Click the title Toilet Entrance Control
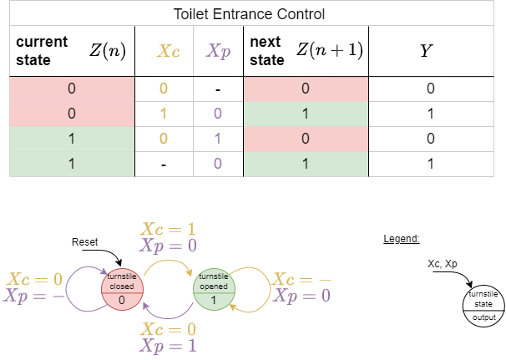pyautogui.click(x=248, y=14)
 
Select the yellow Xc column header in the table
pyautogui.click(x=168, y=51)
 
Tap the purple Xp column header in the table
pyautogui.click(x=218, y=51)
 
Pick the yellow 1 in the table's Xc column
pyautogui.click(x=164, y=113)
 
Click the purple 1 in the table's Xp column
pyautogui.click(x=217, y=139)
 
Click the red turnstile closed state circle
pyautogui.click(x=122, y=288)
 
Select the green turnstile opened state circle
pyautogui.click(x=215, y=288)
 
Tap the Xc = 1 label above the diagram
pyautogui.click(x=170, y=229)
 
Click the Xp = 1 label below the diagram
pyautogui.click(x=170, y=344)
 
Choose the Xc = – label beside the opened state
pyautogui.click(x=301, y=279)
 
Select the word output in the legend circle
pyautogui.click(x=483, y=317)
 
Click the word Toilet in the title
pyautogui.click(x=191, y=14)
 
